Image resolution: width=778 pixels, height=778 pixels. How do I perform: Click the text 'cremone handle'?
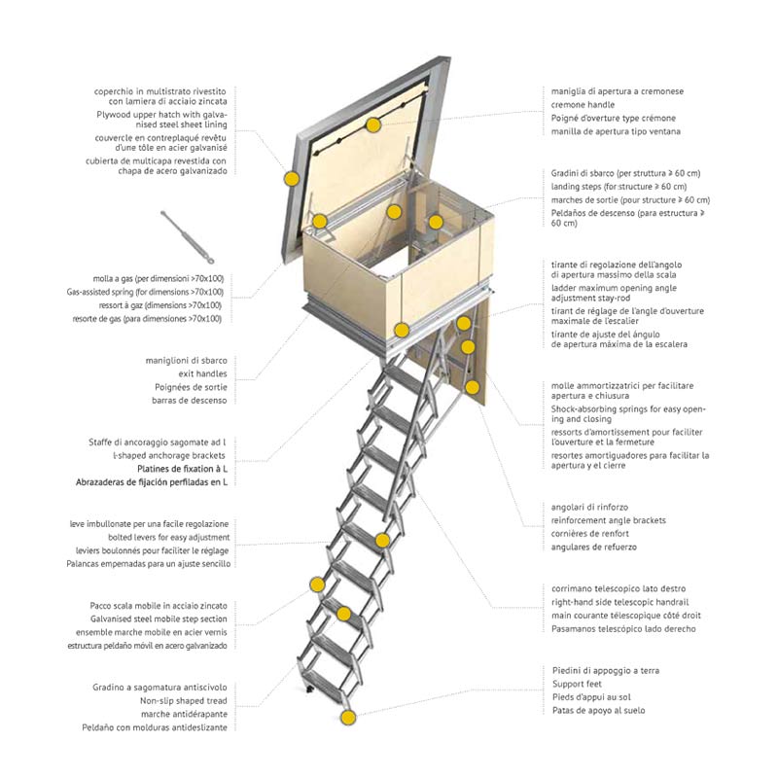pos(583,104)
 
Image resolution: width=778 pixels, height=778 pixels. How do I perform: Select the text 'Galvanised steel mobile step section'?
pos(158,619)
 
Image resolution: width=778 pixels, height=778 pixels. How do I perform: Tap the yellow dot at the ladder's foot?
pos(348,719)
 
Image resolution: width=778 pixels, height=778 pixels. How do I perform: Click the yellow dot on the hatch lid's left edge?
pos(292,179)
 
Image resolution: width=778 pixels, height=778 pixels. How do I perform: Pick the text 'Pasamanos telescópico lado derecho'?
pos(623,629)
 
